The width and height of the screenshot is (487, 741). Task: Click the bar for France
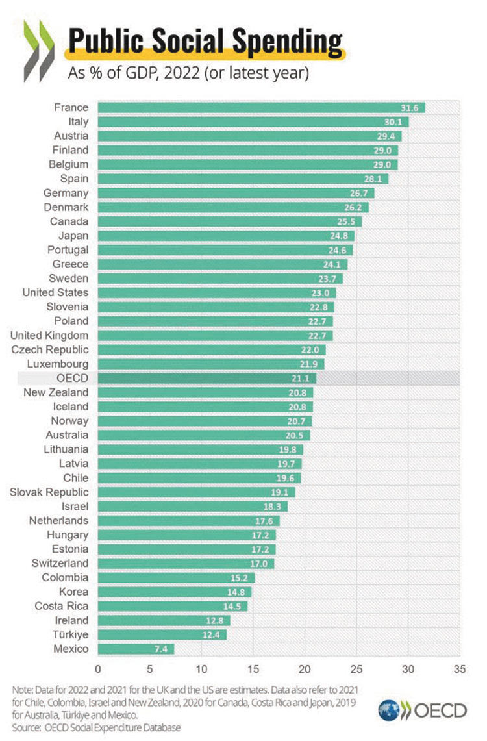click(260, 107)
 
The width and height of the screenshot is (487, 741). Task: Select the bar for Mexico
click(136, 648)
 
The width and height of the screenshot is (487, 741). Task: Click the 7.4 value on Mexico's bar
click(164, 648)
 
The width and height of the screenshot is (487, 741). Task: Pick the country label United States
click(55, 292)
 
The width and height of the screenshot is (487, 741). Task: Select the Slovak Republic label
click(49, 492)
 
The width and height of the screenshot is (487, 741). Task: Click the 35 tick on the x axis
click(460, 668)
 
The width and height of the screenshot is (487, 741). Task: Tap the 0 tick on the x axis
click(98, 668)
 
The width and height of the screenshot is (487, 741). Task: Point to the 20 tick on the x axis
click(305, 668)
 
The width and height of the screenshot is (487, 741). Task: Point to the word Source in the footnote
click(25, 727)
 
